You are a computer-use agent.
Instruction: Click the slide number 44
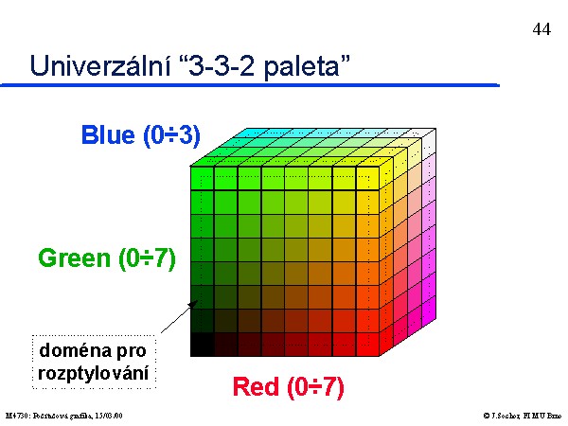click(541, 29)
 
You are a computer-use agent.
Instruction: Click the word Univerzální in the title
click(100, 66)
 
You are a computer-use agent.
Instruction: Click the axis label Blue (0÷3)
click(141, 135)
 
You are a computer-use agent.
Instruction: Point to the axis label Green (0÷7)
click(107, 258)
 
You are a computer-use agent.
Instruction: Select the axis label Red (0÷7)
click(288, 387)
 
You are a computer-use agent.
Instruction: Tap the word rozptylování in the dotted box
click(93, 373)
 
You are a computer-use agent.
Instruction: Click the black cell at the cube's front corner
click(203, 345)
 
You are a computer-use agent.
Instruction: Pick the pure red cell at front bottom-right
click(367, 345)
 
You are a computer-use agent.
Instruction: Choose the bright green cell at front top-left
click(203, 178)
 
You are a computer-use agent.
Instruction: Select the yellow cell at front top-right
click(367, 178)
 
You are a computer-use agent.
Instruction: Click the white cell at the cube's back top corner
click(429, 142)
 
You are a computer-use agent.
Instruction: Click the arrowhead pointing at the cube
click(193, 304)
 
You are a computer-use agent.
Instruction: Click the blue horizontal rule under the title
click(250, 85)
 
